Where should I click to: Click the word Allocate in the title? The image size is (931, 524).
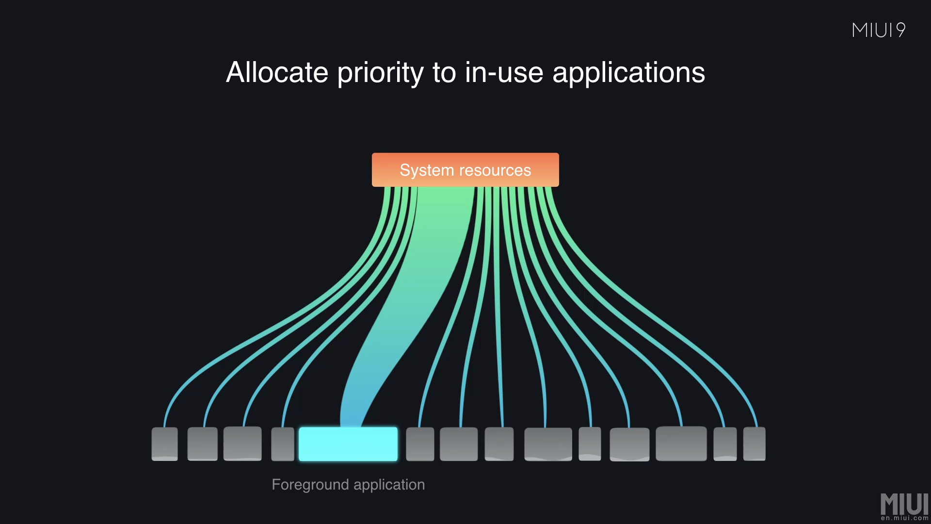coord(277,73)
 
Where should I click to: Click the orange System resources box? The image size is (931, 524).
coord(465,170)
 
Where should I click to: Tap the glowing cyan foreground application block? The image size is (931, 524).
coord(348,444)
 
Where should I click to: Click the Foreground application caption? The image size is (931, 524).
coord(348,484)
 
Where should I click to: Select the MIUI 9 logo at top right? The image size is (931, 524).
coord(878,30)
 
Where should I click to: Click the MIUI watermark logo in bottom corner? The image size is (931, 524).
coord(904,504)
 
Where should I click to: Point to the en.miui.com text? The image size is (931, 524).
coord(904,518)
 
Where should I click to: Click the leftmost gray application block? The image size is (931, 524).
coord(164,444)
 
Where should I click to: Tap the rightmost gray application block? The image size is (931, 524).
coord(754,444)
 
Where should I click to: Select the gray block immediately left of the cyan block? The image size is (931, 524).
coord(283,444)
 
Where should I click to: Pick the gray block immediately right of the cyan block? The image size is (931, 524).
coord(419,444)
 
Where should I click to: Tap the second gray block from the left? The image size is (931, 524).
coord(202,444)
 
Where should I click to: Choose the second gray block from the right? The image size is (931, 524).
coord(725,444)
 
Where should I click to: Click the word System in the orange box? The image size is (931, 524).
coord(427,170)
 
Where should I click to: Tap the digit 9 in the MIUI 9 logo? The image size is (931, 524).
coord(900,30)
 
